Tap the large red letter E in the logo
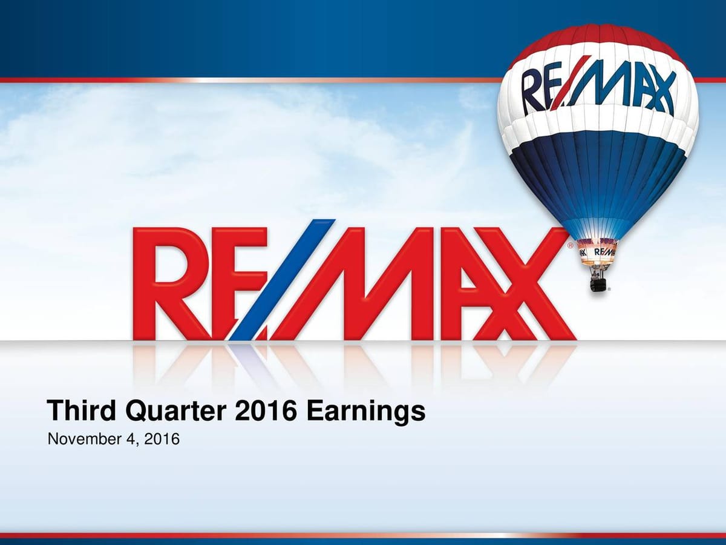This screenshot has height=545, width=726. click(x=239, y=282)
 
